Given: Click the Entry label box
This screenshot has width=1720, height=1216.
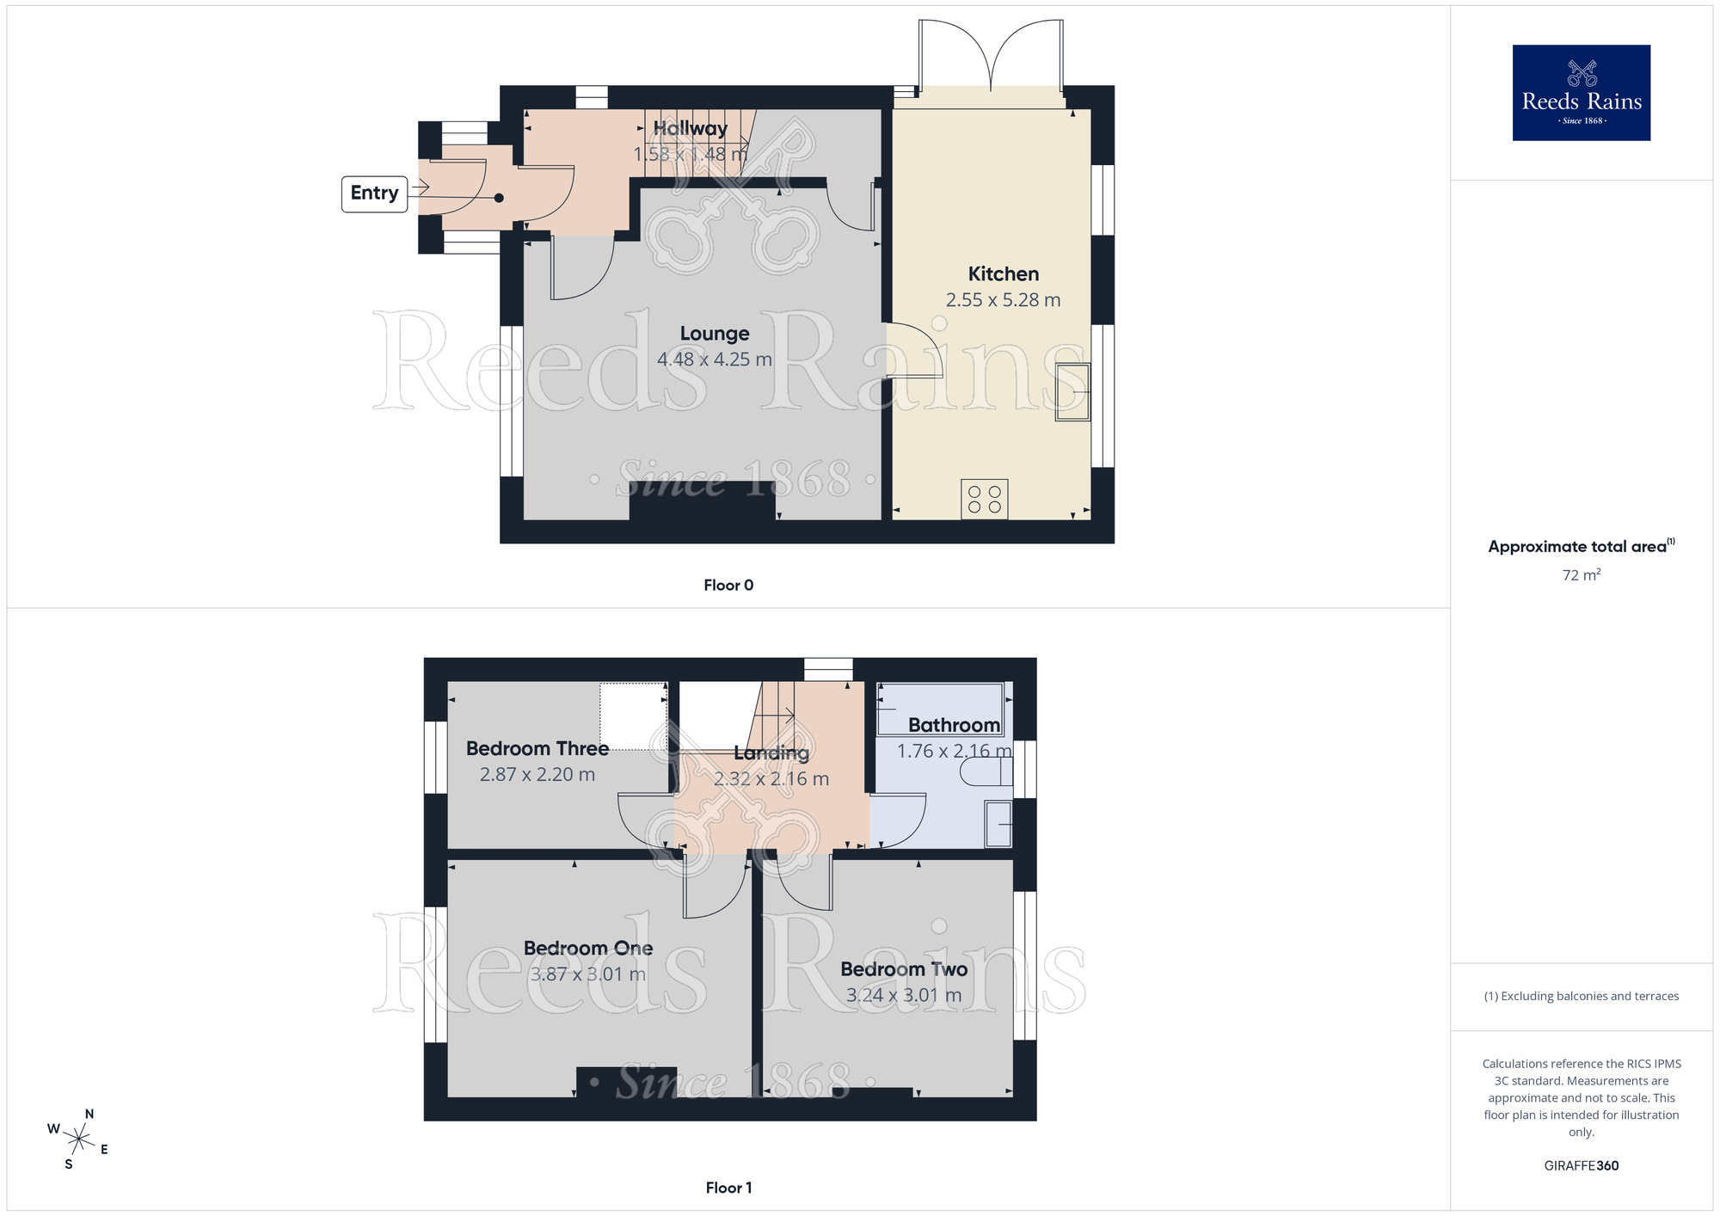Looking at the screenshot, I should tap(374, 193).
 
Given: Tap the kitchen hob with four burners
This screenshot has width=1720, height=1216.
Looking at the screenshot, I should tap(985, 500).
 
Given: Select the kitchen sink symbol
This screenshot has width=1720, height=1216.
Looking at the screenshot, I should tap(1072, 392).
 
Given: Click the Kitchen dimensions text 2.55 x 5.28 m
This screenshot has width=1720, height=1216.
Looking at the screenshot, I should tap(1003, 300).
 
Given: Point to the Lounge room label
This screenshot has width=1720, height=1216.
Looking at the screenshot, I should tap(714, 334).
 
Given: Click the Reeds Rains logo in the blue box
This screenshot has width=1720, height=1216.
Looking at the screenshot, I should tap(1581, 93).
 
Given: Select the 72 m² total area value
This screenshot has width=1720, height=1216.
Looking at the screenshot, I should tap(1581, 575).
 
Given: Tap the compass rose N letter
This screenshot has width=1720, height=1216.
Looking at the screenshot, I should tap(89, 1114).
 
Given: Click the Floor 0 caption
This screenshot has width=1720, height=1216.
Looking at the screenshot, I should tap(728, 586).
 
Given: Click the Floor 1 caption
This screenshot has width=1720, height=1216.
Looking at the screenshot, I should tap(728, 1188).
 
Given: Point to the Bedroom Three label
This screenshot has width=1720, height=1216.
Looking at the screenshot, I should tap(537, 749).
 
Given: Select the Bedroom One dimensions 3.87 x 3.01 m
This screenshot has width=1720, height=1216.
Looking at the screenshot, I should tap(587, 974).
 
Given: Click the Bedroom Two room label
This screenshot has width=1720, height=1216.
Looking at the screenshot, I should tap(904, 969).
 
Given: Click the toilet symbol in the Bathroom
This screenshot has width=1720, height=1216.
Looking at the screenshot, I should tap(987, 772).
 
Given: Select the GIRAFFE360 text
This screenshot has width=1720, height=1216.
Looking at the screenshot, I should tap(1581, 1166).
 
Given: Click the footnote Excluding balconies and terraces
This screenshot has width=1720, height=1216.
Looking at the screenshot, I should tap(1581, 997).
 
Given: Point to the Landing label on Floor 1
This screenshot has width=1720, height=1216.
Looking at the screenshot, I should tap(771, 753).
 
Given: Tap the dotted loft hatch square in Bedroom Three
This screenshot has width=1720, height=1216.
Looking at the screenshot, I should tap(633, 715).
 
